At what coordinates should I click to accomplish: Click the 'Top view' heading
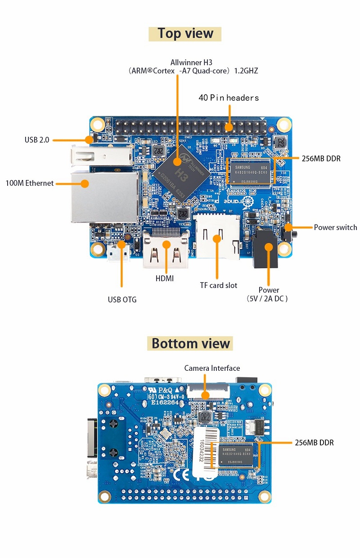pyautogui.click(x=185, y=34)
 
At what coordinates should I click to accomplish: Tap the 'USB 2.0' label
pyautogui.click(x=36, y=140)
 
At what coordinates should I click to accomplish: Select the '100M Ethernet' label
pyautogui.click(x=30, y=183)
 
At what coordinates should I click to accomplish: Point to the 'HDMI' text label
pyautogui.click(x=165, y=279)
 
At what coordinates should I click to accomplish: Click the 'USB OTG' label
pyautogui.click(x=122, y=299)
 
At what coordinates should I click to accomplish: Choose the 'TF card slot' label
pyautogui.click(x=218, y=285)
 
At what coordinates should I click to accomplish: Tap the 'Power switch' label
pyautogui.click(x=335, y=227)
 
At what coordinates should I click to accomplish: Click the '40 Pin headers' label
pyautogui.click(x=229, y=98)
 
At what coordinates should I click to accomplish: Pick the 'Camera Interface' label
pyautogui.click(x=212, y=368)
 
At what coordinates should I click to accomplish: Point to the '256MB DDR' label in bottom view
pyautogui.click(x=314, y=443)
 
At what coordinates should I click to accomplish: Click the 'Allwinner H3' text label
pyautogui.click(x=191, y=62)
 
